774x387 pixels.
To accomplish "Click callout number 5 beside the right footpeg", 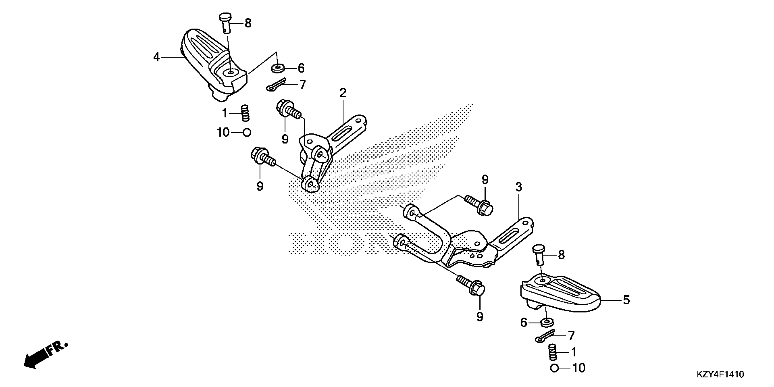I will coord(626,300).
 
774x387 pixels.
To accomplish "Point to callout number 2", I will coord(343,93).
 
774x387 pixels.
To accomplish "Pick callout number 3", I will coord(519,187).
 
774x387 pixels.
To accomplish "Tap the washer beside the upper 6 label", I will coord(278,68).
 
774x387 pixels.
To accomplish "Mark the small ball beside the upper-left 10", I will coord(247,132).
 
